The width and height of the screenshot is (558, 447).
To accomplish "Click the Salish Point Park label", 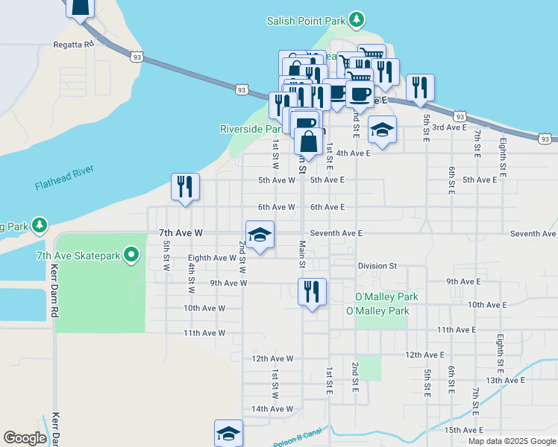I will tap(307, 21).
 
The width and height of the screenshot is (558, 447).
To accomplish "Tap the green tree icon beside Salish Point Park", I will tap(357, 19).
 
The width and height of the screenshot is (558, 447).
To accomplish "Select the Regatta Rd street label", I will tap(73, 45).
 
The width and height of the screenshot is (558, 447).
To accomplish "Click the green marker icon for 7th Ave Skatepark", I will tap(132, 256).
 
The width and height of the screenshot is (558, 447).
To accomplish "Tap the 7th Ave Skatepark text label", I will tap(78, 256).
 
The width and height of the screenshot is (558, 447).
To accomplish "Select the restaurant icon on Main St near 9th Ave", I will tap(311, 291).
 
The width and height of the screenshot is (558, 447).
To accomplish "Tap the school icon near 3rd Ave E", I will tap(382, 130).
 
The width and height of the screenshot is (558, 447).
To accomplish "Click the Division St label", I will tap(377, 265).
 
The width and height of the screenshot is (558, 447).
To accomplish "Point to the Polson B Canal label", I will tap(297, 441).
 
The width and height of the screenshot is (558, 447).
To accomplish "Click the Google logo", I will tap(25, 438).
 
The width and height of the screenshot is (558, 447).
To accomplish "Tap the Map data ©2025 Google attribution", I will tap(511, 441).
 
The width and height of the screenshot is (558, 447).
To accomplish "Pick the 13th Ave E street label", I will tap(505, 380).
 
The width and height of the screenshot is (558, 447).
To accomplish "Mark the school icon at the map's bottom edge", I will tap(229, 434).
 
